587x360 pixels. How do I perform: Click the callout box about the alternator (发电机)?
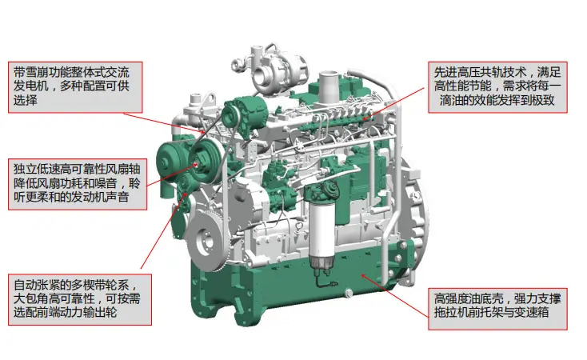[75, 87]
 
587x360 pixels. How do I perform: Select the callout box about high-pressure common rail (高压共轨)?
[497, 87]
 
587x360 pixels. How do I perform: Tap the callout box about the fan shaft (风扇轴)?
[78, 184]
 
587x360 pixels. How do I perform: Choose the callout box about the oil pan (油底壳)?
[497, 309]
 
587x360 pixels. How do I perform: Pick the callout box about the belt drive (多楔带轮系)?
[80, 299]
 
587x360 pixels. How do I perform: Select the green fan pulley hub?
[204, 162]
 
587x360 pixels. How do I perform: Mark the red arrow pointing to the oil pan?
[395, 296]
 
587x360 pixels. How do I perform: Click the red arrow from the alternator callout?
[165, 122]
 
